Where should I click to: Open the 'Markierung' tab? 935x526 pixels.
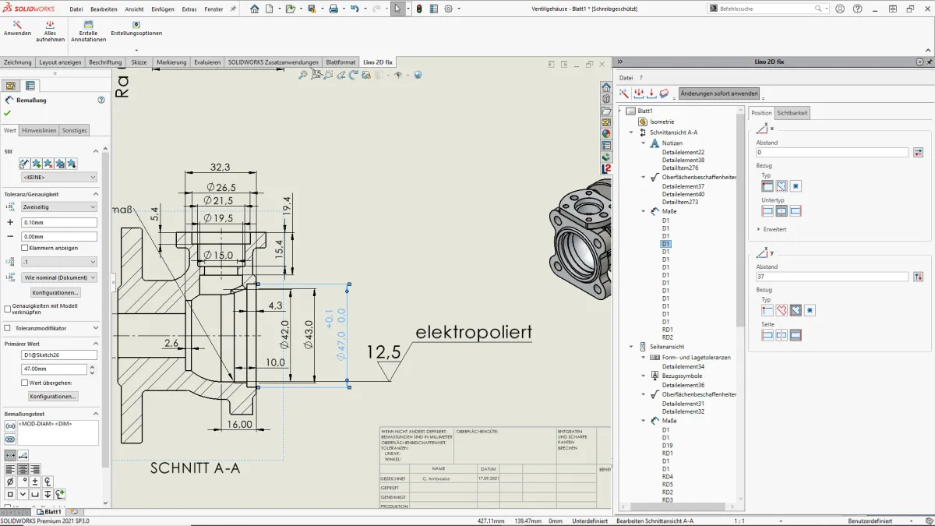pos(171,62)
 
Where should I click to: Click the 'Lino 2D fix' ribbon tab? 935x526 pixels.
pos(378,62)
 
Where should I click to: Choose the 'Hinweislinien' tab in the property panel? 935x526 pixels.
pos(39,130)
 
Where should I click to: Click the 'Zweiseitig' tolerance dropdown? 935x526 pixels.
pos(59,207)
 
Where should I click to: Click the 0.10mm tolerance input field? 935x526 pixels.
pos(59,222)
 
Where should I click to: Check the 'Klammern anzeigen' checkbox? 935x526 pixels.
pos(25,248)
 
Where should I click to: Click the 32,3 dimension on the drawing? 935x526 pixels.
pos(221,168)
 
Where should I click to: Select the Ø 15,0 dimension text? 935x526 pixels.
pos(220,255)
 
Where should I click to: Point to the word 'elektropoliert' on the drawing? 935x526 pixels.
pos(474,333)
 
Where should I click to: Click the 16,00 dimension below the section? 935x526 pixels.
pos(240,424)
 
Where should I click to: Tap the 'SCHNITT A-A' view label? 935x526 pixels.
pos(195,468)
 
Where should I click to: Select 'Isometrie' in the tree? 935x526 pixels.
pos(662,122)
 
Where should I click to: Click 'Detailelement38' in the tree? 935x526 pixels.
pos(683,160)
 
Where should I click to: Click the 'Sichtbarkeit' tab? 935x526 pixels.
pos(792,113)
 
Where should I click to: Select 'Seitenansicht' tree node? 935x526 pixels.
pos(667,347)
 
